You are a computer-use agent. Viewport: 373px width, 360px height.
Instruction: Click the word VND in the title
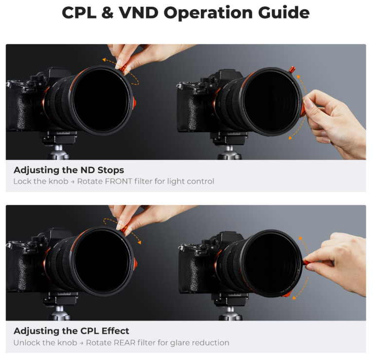tap(138, 12)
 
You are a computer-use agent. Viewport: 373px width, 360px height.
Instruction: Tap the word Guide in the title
tap(284, 12)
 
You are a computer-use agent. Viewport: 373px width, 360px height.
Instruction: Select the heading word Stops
tap(110, 170)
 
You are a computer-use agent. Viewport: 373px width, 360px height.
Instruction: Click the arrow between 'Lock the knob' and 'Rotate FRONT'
tap(72, 182)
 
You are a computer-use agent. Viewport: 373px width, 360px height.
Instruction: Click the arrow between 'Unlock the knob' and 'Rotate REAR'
tap(81, 343)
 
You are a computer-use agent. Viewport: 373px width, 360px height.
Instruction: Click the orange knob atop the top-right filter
tap(292, 69)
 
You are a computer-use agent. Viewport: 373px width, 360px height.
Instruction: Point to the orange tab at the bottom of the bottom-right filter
tap(286, 294)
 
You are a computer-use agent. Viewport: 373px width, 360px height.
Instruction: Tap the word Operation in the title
tap(208, 13)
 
